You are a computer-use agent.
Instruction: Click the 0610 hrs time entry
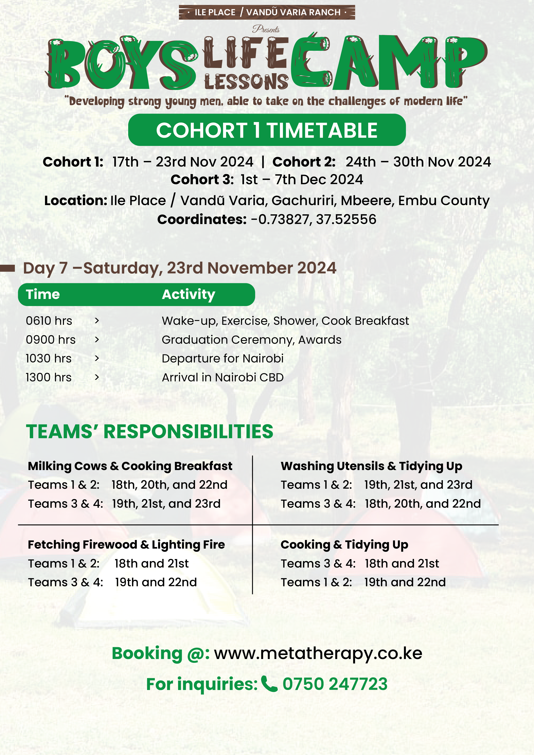click(49, 321)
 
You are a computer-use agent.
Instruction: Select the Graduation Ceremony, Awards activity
click(251, 340)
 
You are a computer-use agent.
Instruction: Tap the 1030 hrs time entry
click(48, 358)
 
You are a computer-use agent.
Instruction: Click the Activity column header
click(188, 294)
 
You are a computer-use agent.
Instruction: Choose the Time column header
click(43, 294)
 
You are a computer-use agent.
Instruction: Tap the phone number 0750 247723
click(335, 684)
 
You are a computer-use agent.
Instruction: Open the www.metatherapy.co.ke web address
click(318, 653)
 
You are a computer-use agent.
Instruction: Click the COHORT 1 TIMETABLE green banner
click(267, 130)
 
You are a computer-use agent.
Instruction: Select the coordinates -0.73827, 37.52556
click(313, 219)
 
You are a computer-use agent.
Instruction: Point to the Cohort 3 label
click(202, 179)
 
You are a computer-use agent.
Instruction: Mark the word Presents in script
click(266, 29)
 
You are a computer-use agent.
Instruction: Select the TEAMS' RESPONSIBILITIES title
click(150, 432)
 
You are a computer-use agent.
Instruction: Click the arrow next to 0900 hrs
click(97, 340)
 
